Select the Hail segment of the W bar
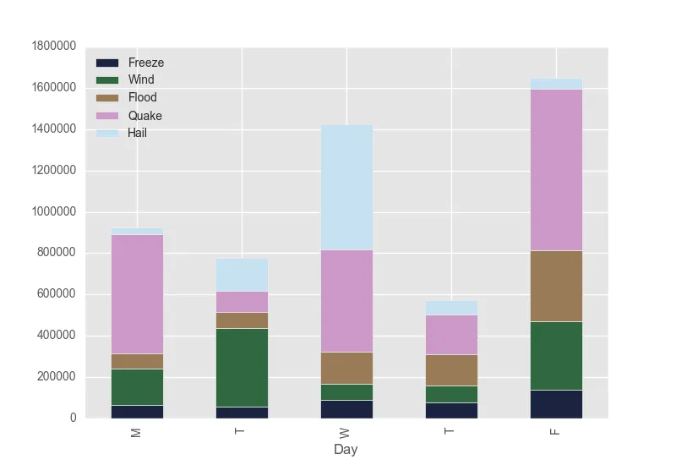[346, 187]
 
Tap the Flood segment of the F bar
[556, 286]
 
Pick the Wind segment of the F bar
[556, 355]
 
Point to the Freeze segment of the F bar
[556, 403]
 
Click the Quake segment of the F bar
[556, 169]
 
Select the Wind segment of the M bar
[137, 386]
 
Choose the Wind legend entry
[141, 80]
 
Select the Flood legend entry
[142, 97]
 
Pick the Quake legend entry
[144, 115]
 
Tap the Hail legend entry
[137, 132]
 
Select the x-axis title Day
[346, 449]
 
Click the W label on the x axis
[346, 431]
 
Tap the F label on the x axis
[556, 431]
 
